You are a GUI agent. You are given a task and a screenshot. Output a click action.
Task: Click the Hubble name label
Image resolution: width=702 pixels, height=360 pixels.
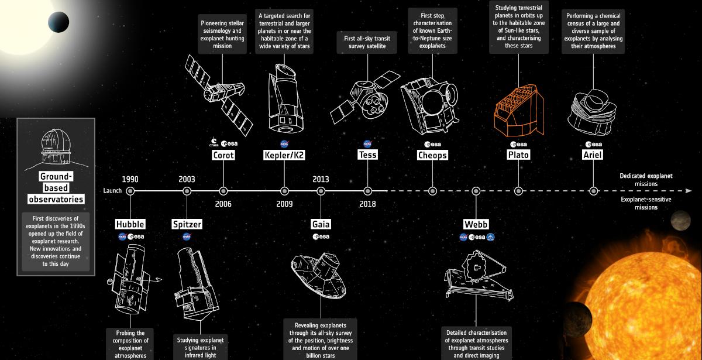point(130,224)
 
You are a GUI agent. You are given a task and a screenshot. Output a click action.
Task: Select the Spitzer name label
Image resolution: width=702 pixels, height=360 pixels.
point(187,224)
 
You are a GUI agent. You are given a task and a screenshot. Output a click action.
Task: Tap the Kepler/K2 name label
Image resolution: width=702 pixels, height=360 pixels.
point(284,155)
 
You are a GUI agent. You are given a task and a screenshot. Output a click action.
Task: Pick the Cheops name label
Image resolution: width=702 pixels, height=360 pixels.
point(432,155)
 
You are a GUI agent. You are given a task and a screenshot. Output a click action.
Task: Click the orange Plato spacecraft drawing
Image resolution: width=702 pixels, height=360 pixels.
point(519,111)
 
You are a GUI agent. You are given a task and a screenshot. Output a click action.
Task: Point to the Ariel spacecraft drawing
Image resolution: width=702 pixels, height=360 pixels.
point(592,112)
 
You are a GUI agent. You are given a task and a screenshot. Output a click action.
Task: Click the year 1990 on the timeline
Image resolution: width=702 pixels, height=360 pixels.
point(130,179)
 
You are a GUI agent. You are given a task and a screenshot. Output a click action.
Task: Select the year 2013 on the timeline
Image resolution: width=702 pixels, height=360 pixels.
point(321,179)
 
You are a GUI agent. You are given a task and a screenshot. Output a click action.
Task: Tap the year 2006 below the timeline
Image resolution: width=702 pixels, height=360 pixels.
point(223,204)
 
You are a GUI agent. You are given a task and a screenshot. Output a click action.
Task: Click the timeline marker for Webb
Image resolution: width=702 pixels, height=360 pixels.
point(476,191)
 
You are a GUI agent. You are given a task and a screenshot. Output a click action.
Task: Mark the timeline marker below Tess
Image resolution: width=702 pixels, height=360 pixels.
point(367,191)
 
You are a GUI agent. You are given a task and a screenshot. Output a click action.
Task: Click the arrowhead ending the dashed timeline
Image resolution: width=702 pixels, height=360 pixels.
point(689,191)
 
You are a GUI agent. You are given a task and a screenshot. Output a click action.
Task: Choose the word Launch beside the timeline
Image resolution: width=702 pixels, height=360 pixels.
point(112,191)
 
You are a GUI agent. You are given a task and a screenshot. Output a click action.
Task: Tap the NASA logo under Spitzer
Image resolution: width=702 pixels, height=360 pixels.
point(187,236)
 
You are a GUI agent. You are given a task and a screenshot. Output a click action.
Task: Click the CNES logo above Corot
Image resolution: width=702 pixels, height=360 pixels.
point(214,142)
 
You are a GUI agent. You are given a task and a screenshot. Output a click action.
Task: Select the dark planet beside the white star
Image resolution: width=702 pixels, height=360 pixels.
point(58,22)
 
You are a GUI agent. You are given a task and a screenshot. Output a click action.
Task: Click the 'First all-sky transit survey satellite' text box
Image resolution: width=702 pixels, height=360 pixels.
point(367,42)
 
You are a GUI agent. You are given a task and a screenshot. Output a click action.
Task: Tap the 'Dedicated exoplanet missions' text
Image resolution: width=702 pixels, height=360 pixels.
point(646,180)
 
